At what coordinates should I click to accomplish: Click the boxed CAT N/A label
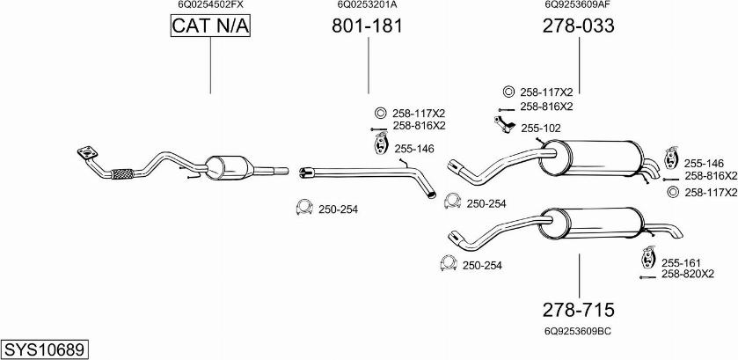pyautogui.click(x=210, y=27)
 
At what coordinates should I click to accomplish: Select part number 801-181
pyautogui.click(x=367, y=27)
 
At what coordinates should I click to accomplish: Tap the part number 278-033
pyautogui.click(x=578, y=27)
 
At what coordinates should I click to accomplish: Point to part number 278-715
pyautogui.click(x=578, y=310)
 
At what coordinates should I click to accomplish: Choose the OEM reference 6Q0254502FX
pyautogui.click(x=210, y=4)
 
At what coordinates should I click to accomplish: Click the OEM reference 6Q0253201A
pyautogui.click(x=367, y=4)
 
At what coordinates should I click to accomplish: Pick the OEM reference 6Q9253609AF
pyautogui.click(x=578, y=4)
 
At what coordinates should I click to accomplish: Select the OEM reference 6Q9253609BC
pyautogui.click(x=578, y=331)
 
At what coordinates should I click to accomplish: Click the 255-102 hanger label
pyautogui.click(x=539, y=129)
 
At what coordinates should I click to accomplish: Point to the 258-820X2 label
pyautogui.click(x=688, y=274)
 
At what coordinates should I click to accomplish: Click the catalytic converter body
pyautogui.click(x=226, y=166)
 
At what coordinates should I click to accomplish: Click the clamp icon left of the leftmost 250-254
pyautogui.click(x=303, y=209)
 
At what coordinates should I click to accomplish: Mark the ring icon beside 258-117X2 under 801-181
pyautogui.click(x=381, y=114)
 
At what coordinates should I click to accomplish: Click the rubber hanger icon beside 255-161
pyautogui.click(x=647, y=261)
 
